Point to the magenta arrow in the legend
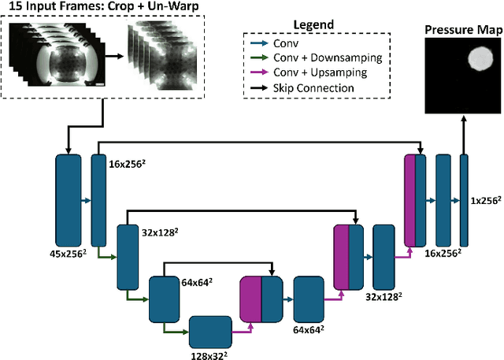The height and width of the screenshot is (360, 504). pos(261,73)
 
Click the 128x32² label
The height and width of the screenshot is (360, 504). pos(210,356)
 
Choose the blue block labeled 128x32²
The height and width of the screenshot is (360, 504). pos(210,331)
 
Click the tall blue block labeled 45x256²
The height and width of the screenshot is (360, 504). pos(69,201)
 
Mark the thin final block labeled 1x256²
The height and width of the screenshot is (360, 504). pos(464,201)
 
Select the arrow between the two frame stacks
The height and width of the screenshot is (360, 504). pos(115,57)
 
